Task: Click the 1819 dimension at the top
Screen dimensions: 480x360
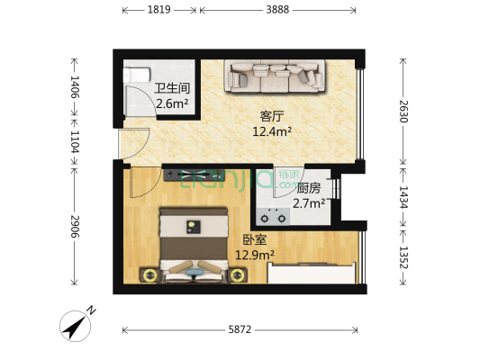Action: tap(158, 10)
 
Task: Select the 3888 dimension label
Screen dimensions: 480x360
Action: tap(277, 10)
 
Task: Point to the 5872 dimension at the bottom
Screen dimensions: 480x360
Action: tap(240, 329)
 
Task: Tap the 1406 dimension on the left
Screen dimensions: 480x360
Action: tap(75, 86)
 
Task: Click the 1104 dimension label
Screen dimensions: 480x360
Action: tap(75, 141)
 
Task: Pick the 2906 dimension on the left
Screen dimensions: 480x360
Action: tap(75, 226)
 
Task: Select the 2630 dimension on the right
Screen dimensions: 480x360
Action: tap(403, 111)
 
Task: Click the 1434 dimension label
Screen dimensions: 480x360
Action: tap(403, 197)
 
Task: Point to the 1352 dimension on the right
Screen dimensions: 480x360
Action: tap(403, 256)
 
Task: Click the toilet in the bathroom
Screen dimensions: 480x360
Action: tap(137, 76)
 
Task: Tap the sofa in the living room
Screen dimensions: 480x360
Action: tap(275, 76)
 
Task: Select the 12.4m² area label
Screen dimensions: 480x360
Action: tap(272, 131)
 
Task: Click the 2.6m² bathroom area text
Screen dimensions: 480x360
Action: tap(172, 104)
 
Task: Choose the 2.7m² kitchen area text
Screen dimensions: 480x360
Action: tap(309, 203)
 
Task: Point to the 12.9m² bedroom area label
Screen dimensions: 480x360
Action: tap(254, 255)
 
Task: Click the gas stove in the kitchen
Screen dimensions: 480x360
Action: tap(274, 217)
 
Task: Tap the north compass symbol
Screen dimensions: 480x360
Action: tap(76, 326)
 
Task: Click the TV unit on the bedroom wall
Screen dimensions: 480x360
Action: tap(194, 175)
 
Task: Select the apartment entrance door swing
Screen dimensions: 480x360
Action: tap(134, 144)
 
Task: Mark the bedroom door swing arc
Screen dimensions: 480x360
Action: tap(146, 183)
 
